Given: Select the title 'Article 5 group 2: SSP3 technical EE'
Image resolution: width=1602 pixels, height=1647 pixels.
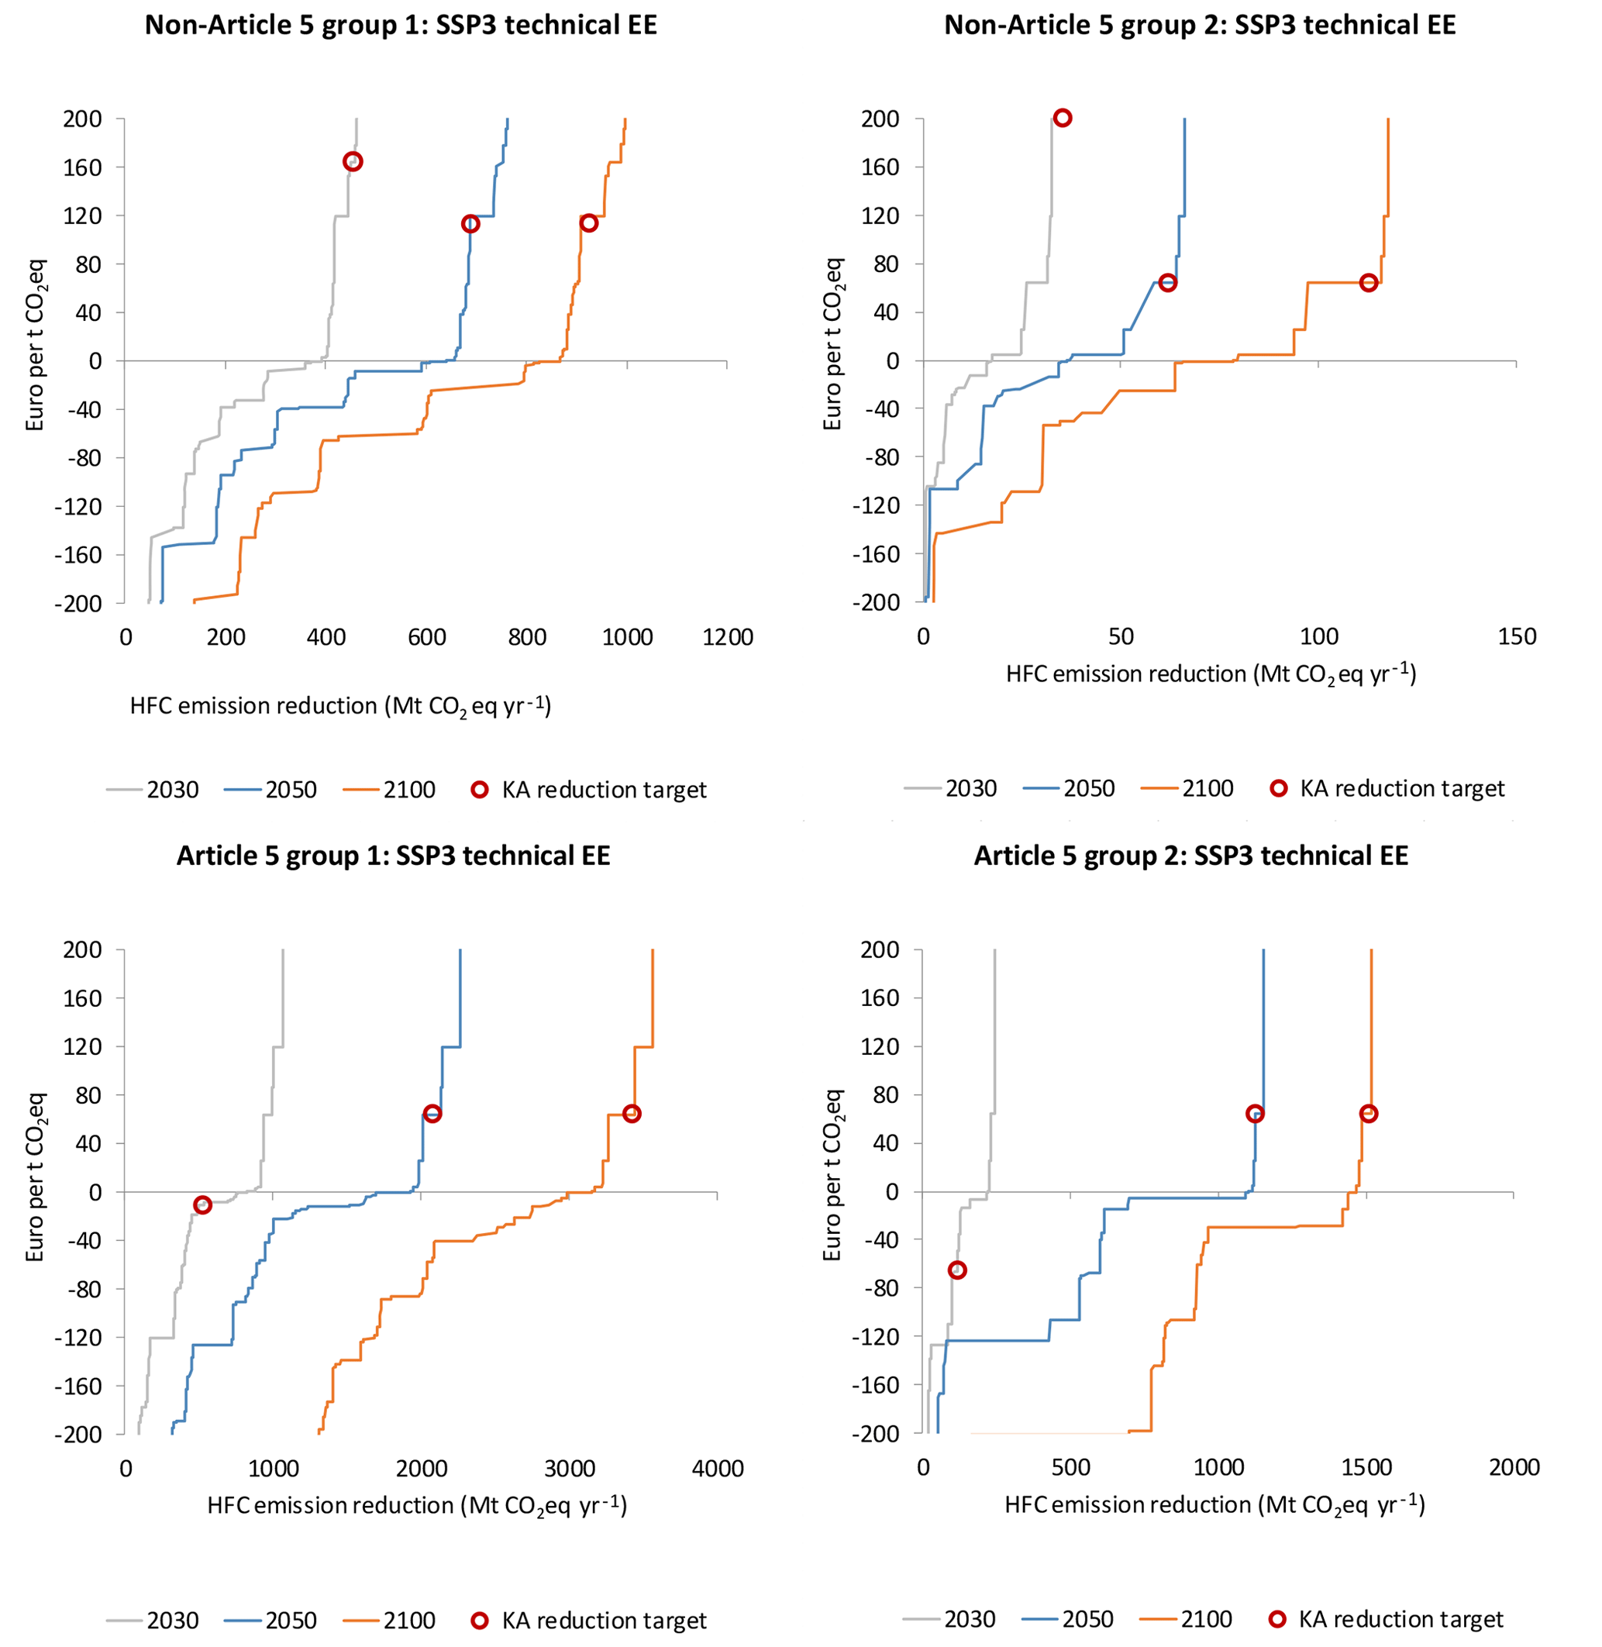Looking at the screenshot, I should [x=1190, y=856].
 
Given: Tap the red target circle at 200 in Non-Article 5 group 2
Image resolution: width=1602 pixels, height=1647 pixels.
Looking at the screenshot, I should [x=1063, y=118].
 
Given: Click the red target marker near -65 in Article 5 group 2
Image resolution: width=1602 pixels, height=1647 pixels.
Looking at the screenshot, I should [x=956, y=1270].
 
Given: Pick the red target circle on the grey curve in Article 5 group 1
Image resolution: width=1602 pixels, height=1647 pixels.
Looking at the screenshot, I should [x=202, y=1205].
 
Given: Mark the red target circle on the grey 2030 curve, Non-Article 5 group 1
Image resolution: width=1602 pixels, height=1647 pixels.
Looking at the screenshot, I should [x=353, y=161].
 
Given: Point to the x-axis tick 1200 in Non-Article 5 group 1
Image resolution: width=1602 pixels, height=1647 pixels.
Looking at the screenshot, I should [x=728, y=637].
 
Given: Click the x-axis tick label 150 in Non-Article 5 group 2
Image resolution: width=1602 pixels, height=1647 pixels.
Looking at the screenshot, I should [x=1516, y=636].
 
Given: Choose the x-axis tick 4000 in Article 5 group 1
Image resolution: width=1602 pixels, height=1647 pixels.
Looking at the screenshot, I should [x=717, y=1469].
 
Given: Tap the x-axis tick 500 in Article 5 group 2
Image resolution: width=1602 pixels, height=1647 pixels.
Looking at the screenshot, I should [x=1070, y=1468].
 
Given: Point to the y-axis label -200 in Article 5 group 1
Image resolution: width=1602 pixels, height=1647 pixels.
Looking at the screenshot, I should [x=78, y=1434].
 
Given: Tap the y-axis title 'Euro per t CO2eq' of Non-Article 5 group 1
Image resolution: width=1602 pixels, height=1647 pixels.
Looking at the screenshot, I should [x=36, y=345].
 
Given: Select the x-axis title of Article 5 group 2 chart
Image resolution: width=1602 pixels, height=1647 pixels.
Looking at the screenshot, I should [x=1214, y=1504].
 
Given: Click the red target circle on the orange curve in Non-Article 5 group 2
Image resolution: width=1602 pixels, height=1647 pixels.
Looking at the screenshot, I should [x=1369, y=283].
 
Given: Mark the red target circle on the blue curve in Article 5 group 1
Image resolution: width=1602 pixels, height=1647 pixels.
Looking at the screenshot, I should [x=432, y=1114].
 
